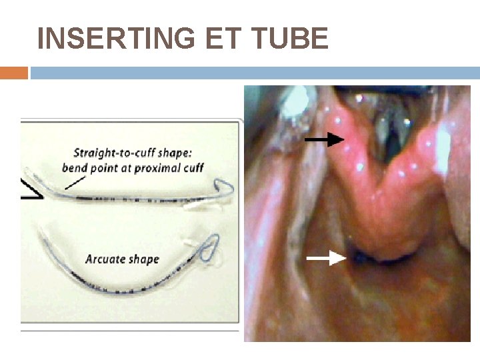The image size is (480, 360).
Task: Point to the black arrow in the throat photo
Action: pyautogui.click(x=325, y=139)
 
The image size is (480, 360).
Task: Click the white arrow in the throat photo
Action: pyautogui.click(x=327, y=259)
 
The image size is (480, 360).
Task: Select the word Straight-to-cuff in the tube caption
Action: pyautogui.click(x=111, y=152)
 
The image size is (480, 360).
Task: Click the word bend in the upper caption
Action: pyautogui.click(x=75, y=167)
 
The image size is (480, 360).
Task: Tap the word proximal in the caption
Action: pyautogui.click(x=159, y=167)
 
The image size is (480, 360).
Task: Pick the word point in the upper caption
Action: pyautogui.click(x=105, y=167)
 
